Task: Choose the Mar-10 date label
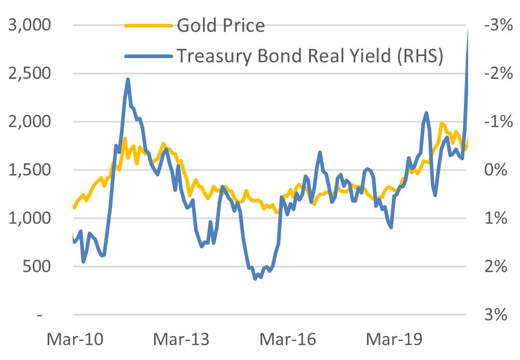(75, 340)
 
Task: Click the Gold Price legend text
(221, 25)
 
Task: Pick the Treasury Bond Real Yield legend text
(310, 56)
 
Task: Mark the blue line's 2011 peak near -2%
(128, 79)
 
